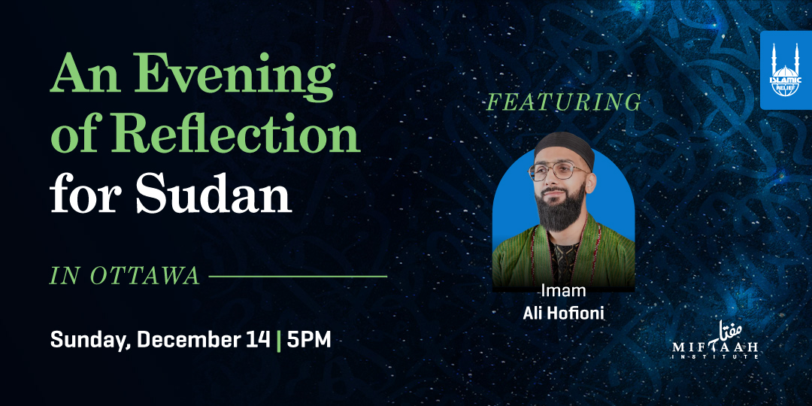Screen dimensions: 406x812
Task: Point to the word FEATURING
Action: tap(564, 102)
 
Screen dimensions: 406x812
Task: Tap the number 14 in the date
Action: tap(256, 339)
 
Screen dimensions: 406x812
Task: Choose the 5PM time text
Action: tap(308, 339)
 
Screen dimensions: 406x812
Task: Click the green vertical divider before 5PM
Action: tap(280, 340)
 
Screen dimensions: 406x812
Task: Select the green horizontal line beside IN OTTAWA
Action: tap(297, 276)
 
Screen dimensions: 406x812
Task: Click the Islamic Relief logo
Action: tap(786, 70)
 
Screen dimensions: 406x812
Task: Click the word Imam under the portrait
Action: tap(563, 290)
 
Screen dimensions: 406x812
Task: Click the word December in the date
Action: tap(192, 339)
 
